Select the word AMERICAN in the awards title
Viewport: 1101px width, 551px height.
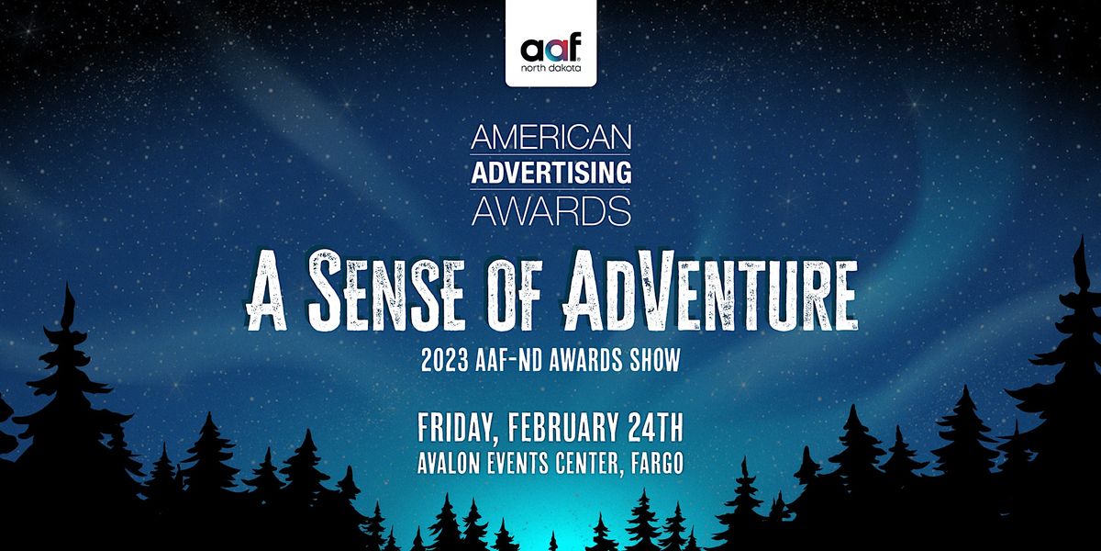pos(550,138)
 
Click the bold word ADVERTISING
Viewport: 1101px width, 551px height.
pos(550,173)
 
